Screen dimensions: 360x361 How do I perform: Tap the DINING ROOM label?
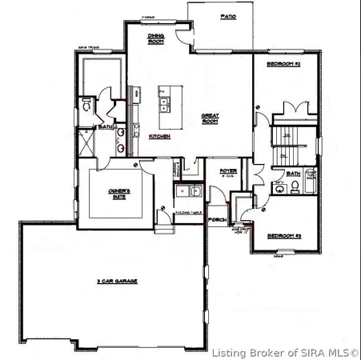point(156,39)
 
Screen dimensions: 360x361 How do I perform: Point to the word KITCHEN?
point(159,136)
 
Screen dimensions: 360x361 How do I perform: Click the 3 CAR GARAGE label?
point(116,281)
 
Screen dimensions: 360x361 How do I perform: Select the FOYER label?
point(228,170)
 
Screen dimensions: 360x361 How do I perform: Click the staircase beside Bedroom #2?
point(288,139)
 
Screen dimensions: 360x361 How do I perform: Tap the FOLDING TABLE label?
point(187,213)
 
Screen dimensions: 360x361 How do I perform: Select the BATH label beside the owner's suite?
point(105,126)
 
